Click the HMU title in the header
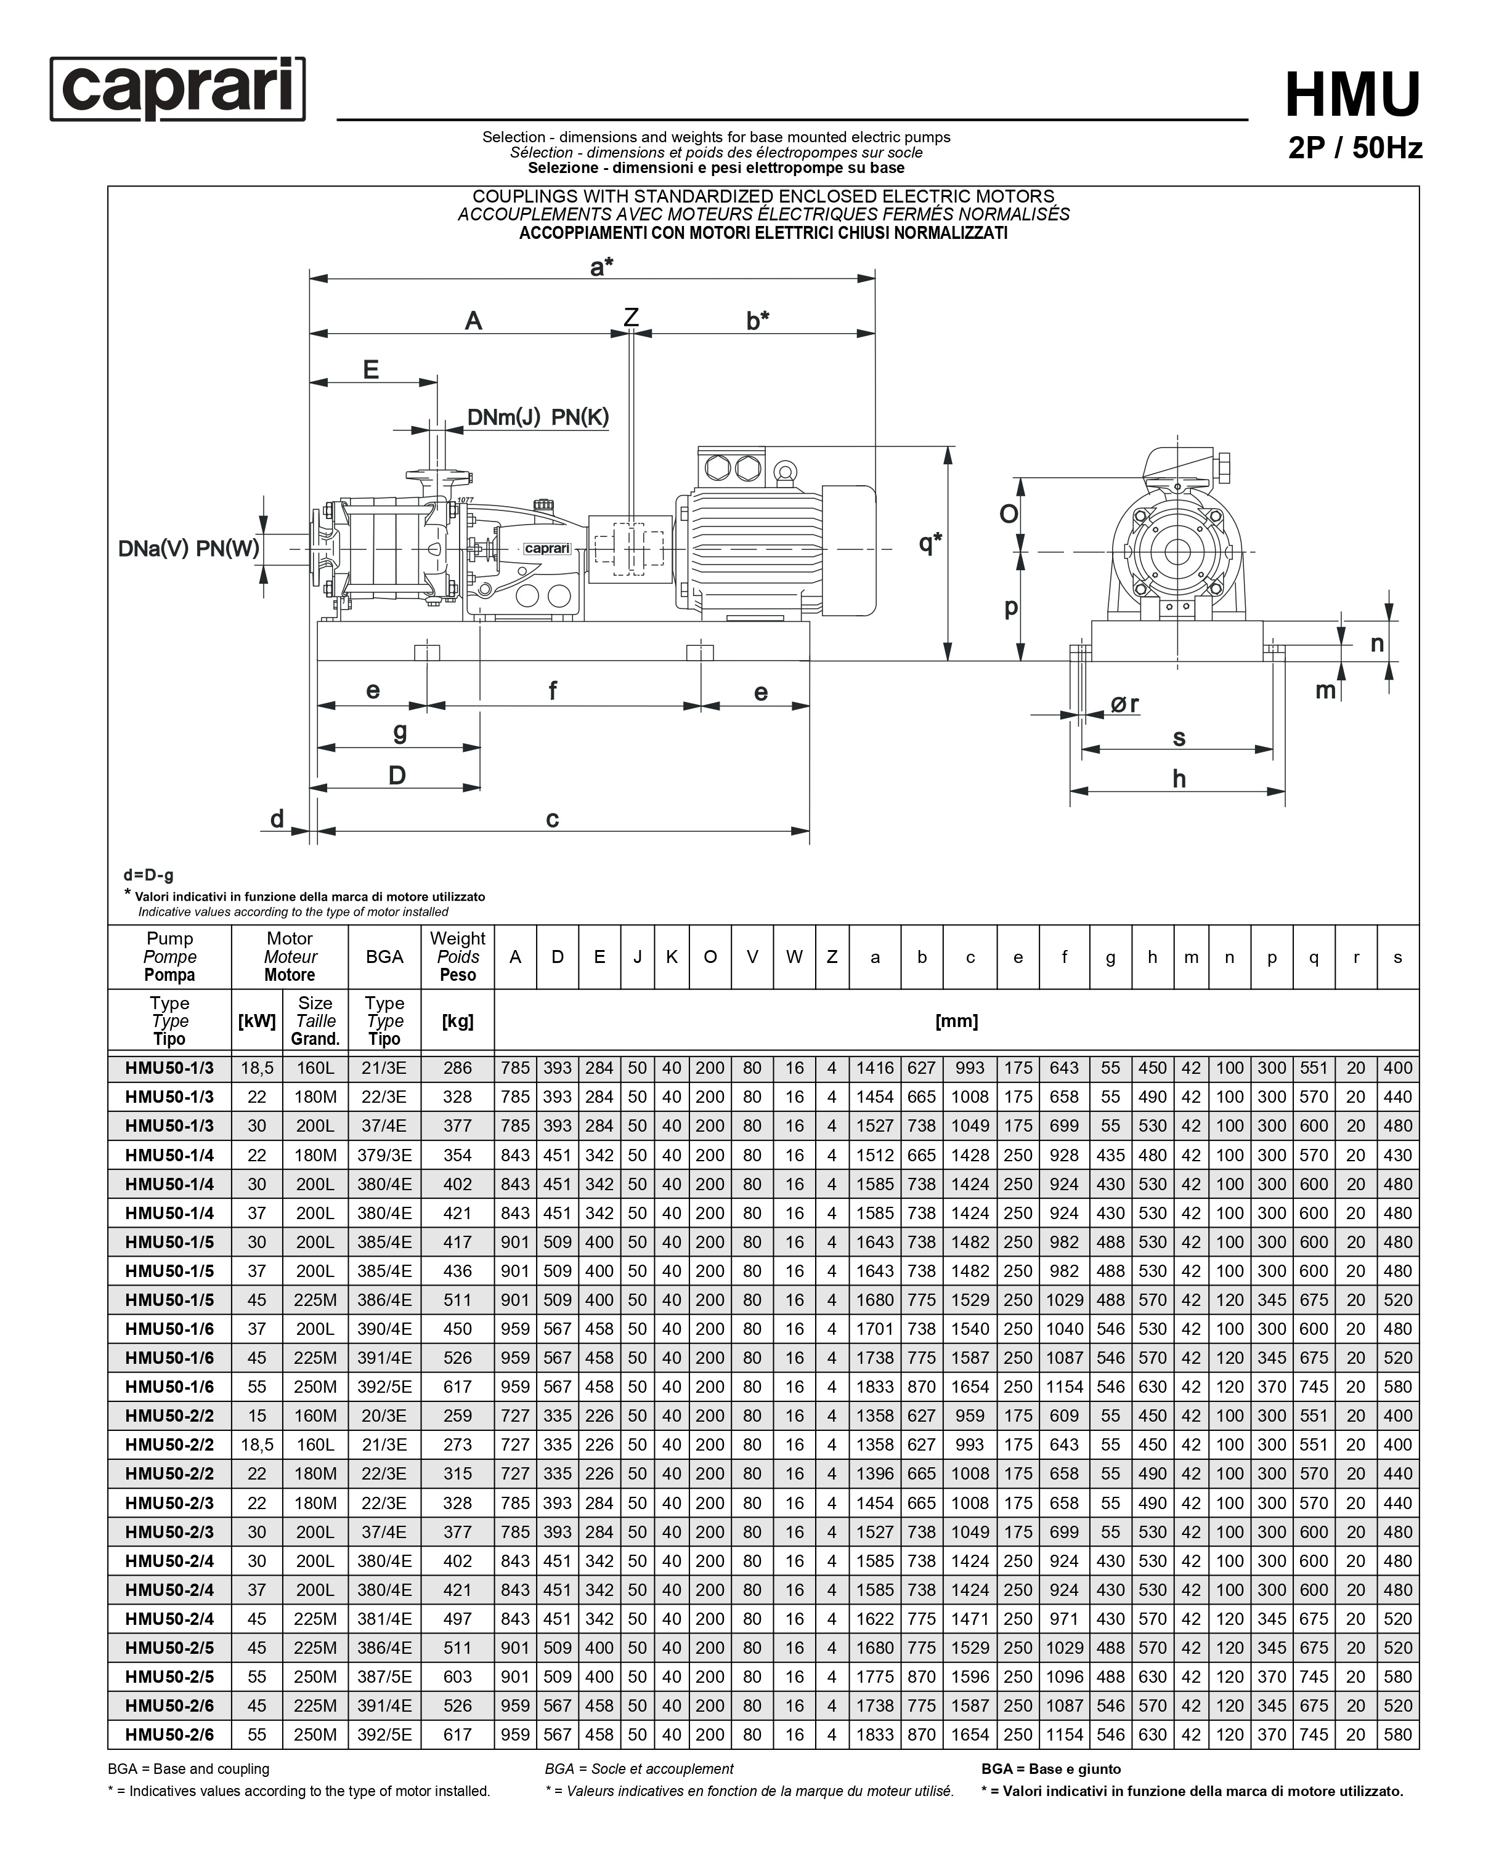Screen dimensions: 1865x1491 1352,95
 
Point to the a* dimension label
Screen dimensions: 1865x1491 601,267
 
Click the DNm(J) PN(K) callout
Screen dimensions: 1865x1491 537,417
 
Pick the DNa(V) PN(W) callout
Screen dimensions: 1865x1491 189,549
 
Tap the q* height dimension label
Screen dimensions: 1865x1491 929,543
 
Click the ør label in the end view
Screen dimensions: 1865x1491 1124,705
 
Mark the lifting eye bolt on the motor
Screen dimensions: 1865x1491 784,472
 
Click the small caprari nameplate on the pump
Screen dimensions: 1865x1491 547,549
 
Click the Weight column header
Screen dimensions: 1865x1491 457,956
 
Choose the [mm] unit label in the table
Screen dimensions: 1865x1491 956,1021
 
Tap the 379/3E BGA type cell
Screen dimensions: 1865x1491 384,1155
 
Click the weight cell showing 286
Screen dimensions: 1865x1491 457,1068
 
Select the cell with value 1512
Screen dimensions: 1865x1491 874,1155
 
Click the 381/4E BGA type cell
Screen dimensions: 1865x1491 384,1619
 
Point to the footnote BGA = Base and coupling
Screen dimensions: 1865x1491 189,1769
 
